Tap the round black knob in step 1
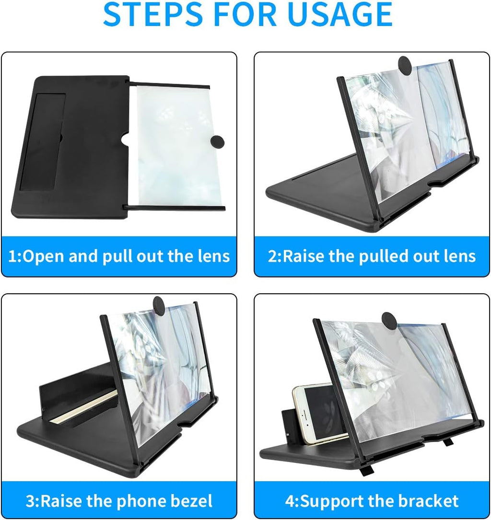pos(217,141)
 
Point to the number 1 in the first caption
pos(13,256)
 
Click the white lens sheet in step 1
pos(173,144)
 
